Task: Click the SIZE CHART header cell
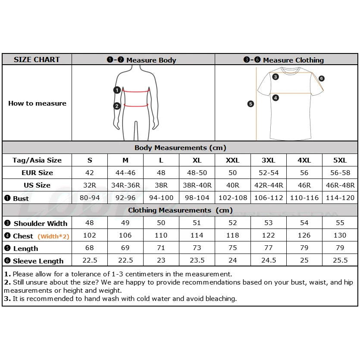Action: [x=37, y=59]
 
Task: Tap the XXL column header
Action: [x=232, y=160]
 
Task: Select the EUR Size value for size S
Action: [x=90, y=172]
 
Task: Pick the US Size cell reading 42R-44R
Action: [x=268, y=185]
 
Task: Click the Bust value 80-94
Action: [x=90, y=198]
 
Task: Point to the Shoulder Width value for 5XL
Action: [x=340, y=223]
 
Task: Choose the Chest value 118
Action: [x=232, y=235]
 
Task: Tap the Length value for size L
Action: [x=161, y=248]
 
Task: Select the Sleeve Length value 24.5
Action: [x=268, y=260]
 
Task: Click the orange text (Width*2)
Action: [x=53, y=236]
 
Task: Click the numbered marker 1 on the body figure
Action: [x=117, y=90]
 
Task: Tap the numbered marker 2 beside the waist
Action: [x=117, y=106]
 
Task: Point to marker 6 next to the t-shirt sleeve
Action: [x=322, y=78]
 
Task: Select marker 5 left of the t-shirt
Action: [x=251, y=103]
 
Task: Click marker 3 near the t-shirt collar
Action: [x=275, y=77]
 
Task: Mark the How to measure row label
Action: [x=37, y=103]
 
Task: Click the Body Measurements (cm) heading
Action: [x=180, y=147]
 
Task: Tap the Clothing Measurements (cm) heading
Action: [x=180, y=210]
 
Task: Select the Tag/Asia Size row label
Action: [x=37, y=160]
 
